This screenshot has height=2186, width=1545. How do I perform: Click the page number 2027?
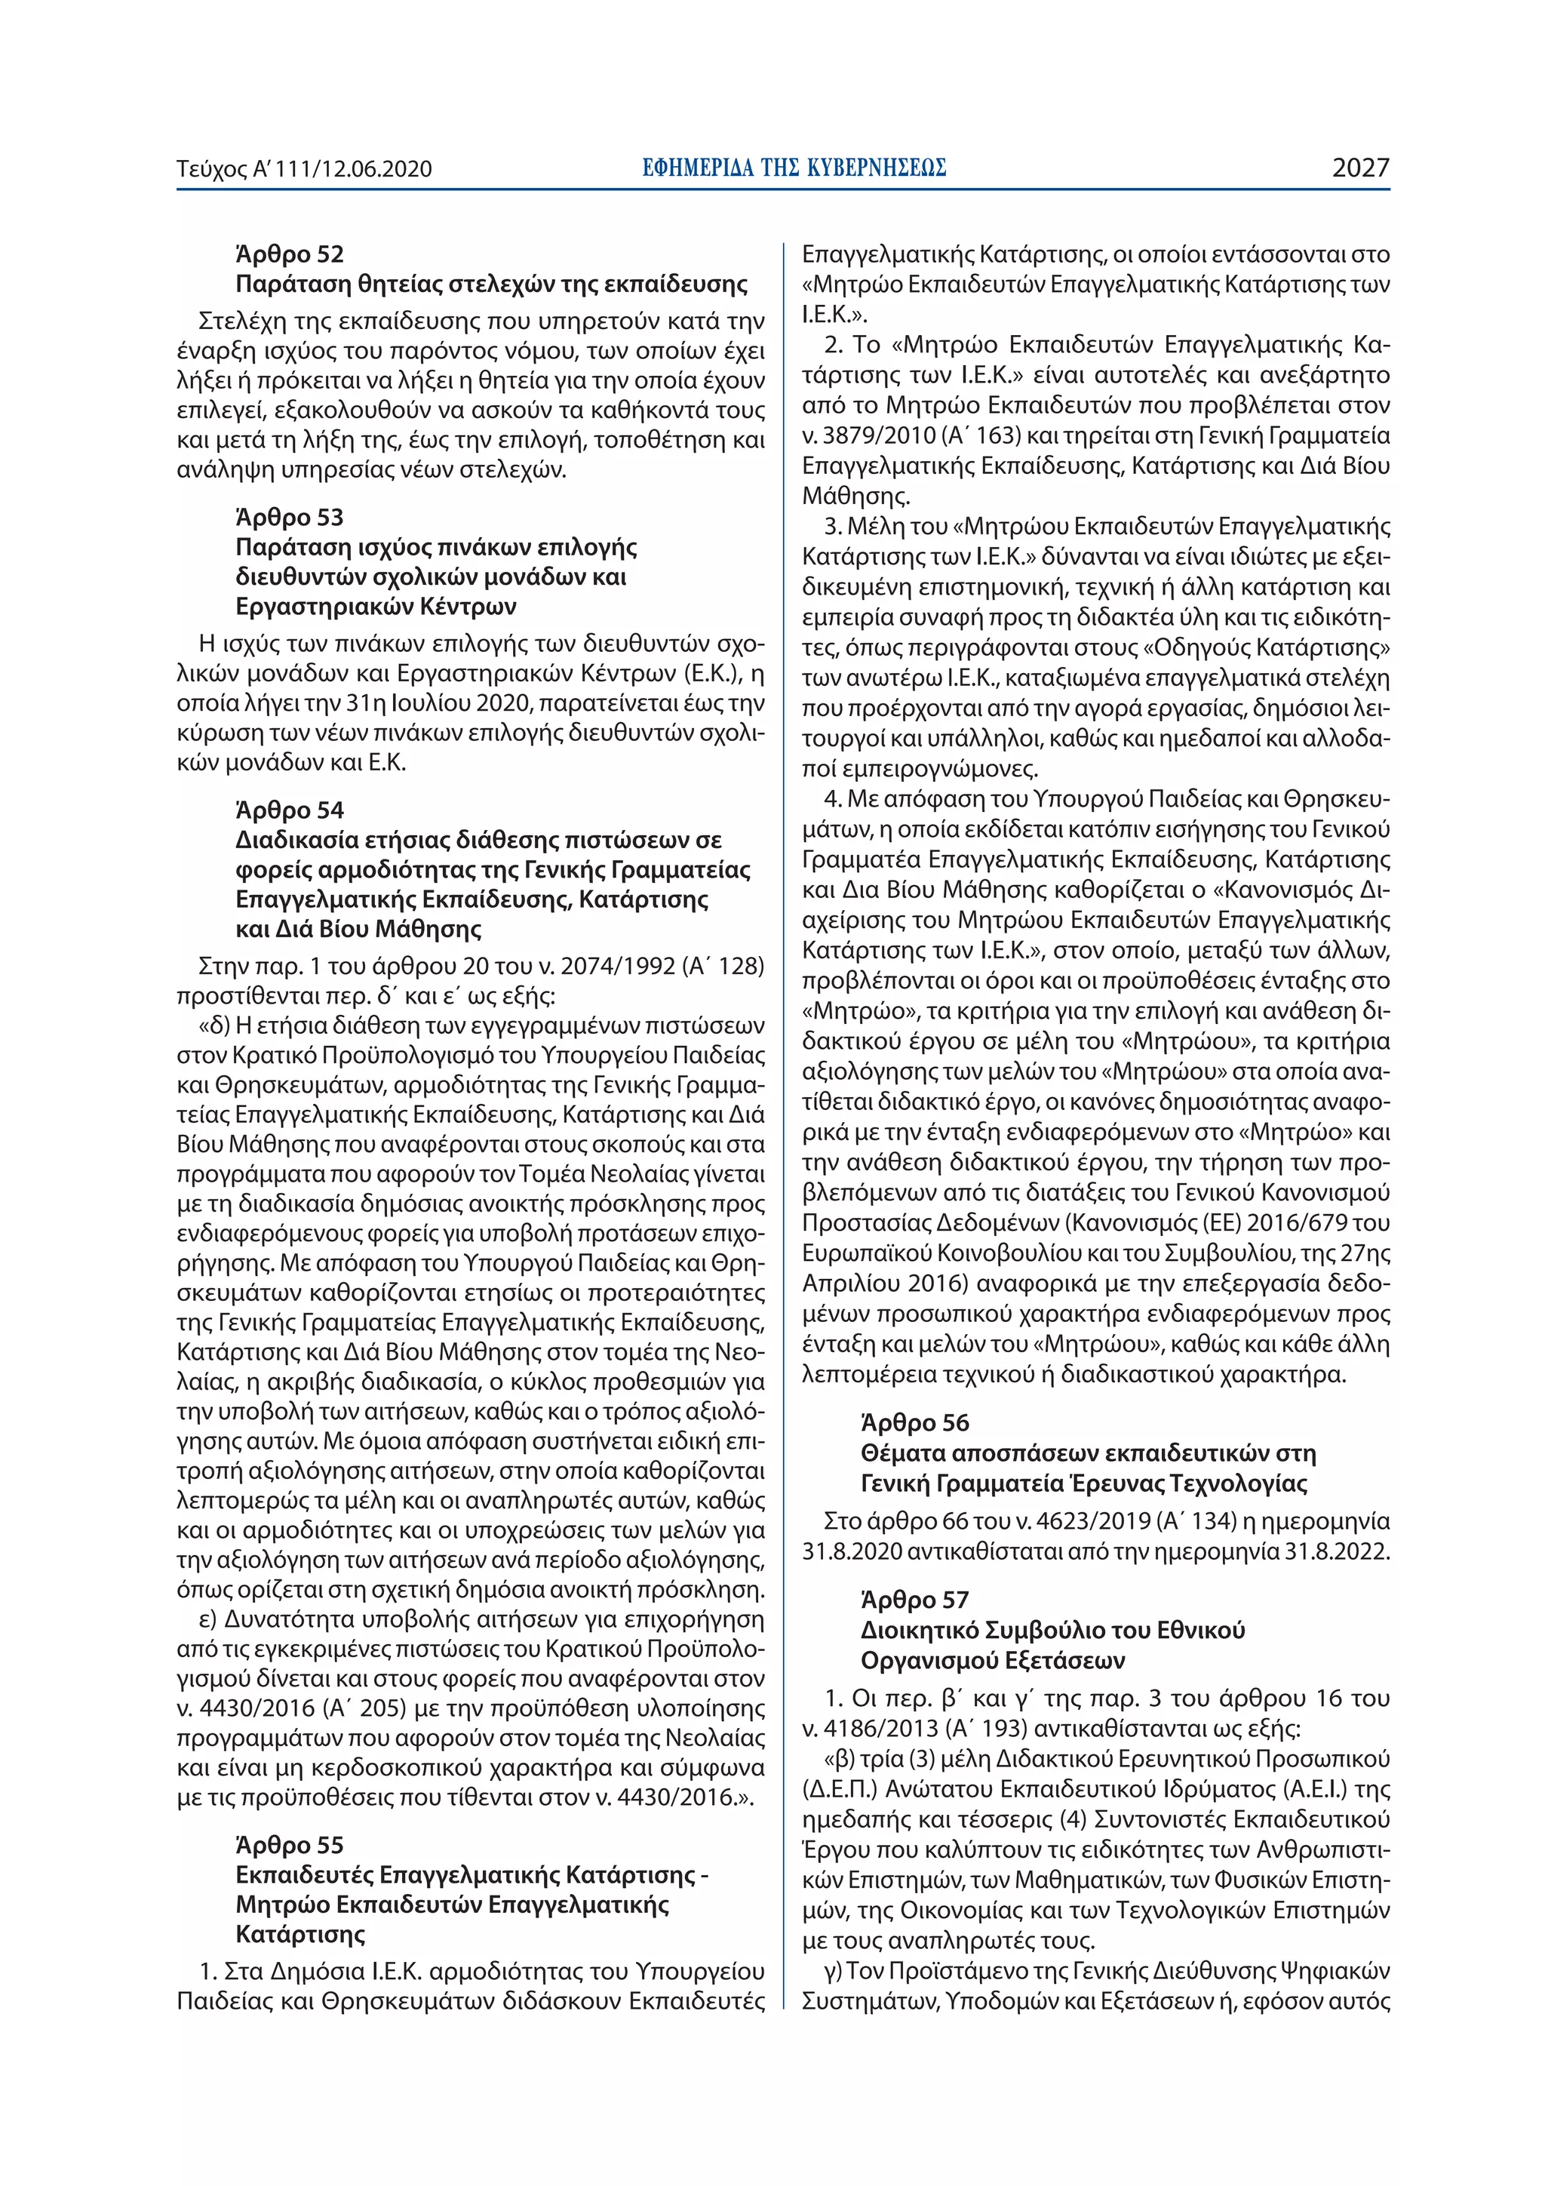tap(1360, 168)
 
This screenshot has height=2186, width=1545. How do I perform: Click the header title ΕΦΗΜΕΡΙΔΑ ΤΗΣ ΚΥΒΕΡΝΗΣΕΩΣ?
tap(794, 168)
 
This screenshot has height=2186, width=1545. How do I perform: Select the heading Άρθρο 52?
tap(290, 254)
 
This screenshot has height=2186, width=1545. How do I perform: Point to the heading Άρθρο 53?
tap(290, 517)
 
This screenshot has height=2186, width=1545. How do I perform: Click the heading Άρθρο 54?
tap(290, 810)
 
